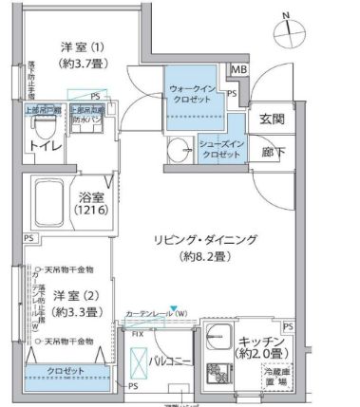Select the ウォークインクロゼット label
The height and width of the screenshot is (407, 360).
click(194, 95)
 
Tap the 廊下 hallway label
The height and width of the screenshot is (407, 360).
click(272, 151)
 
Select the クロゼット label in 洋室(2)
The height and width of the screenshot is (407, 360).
click(65, 370)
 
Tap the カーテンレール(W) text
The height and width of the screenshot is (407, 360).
click(157, 315)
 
